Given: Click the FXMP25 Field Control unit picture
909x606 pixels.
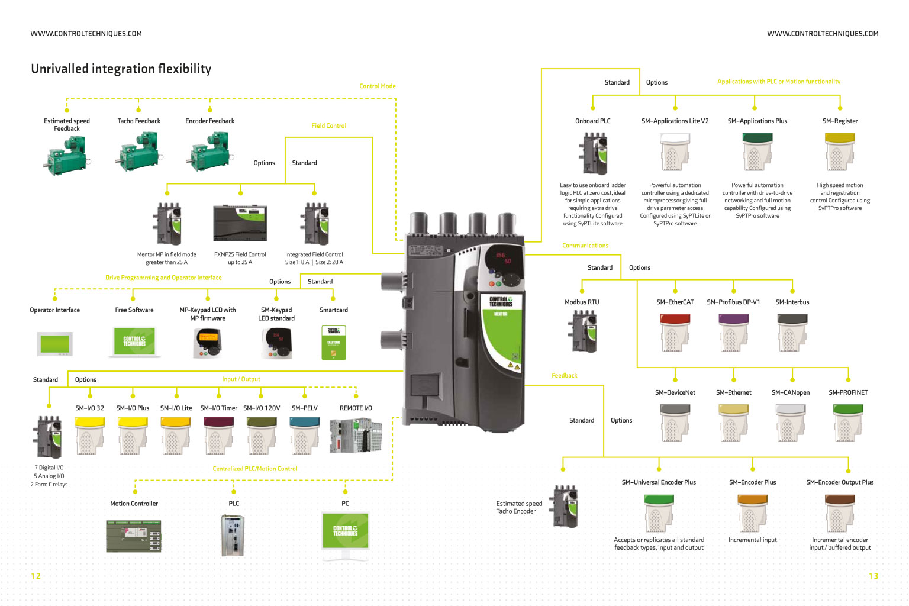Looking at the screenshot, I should [240, 223].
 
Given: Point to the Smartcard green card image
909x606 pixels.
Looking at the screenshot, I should [333, 343].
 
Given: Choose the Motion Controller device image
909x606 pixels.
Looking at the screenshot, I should [134, 536].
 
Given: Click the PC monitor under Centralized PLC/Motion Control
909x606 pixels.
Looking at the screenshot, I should [345, 532].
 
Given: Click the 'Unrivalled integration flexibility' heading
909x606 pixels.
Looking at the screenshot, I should [121, 69].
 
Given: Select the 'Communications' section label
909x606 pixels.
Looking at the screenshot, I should [585, 246].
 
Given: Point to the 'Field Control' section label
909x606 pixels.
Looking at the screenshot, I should [328, 125].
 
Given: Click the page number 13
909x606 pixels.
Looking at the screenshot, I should [873, 576].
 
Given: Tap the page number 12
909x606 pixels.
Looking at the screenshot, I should [36, 576].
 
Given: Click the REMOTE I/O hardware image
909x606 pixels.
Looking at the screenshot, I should [356, 436].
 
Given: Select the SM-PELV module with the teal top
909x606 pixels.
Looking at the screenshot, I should [304, 436].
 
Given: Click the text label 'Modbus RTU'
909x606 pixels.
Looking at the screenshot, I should [581, 302].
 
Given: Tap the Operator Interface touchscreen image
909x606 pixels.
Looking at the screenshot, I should [54, 344].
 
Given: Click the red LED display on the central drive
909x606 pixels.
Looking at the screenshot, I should [503, 258].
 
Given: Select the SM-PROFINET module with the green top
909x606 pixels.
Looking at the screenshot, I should [847, 423].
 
